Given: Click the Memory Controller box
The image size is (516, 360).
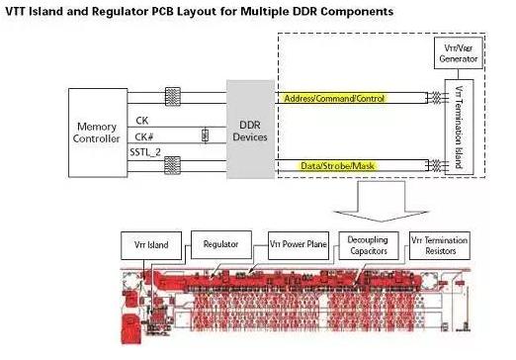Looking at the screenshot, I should pos(97,134).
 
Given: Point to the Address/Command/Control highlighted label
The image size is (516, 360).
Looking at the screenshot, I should pos(334,99).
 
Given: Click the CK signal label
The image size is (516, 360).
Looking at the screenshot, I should pos(142,121).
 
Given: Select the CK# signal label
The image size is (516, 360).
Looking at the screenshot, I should pos(145,138).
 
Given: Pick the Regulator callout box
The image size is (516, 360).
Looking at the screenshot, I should pos(220,242).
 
